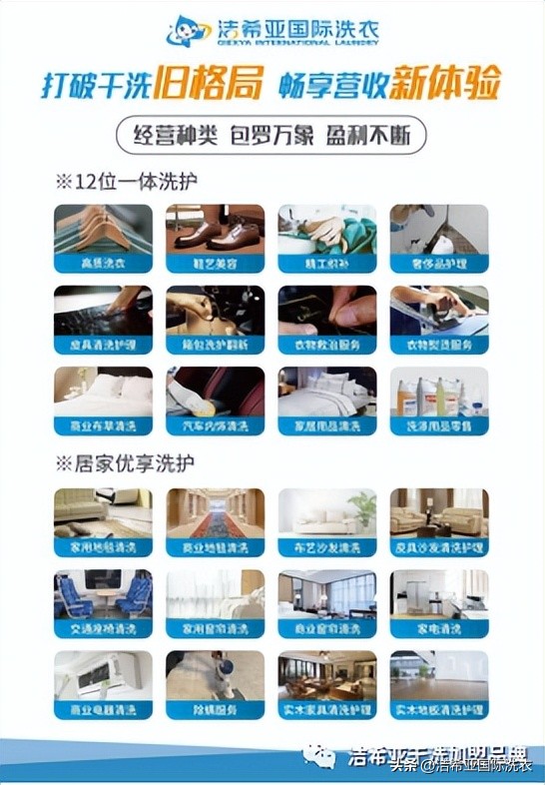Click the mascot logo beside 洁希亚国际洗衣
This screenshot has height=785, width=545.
tap(185, 29)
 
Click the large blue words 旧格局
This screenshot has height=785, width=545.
tap(208, 84)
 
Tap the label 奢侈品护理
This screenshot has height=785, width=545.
tap(438, 264)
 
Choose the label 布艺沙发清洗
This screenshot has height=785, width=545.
tap(326, 547)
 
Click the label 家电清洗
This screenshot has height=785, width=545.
tap(438, 629)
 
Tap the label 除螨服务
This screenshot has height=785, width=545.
tap(215, 711)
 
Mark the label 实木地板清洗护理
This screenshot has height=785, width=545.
tap(438, 711)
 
